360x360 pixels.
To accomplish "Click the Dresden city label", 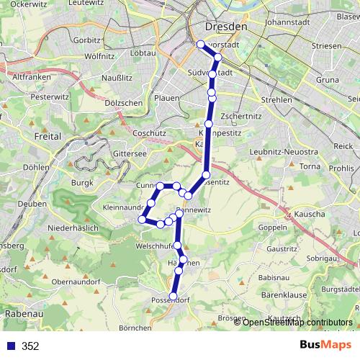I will point(225,26).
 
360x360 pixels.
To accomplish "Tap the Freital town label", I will point(48,135).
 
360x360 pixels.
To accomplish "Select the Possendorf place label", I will point(170,300).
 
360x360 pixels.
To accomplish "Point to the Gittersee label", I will point(130,154).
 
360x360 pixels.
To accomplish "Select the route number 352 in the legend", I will point(30,346).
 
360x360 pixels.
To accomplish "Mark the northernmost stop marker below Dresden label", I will point(201,45).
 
